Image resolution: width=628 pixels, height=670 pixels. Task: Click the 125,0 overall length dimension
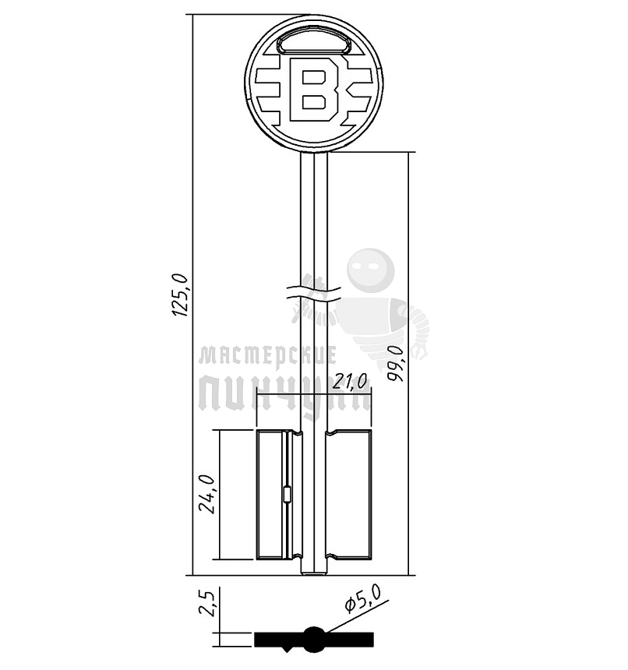pos(181,293)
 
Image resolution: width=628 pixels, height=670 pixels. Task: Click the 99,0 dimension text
pos(397,362)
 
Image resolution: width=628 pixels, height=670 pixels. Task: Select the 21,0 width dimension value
pos(349,382)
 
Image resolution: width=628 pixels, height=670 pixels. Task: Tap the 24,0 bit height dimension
pos(206,493)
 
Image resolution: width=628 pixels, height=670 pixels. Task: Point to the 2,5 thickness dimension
pos(206,604)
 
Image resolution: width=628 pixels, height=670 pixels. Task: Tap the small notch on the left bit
pos(287,494)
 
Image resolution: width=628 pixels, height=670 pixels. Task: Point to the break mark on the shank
pos(314,292)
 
